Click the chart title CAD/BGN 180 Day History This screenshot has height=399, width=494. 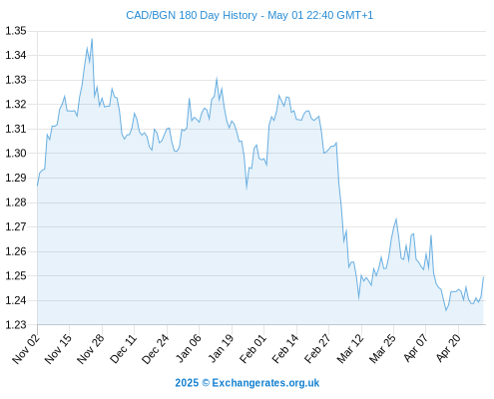pyautogui.click(x=192, y=15)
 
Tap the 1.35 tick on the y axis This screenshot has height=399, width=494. pyautogui.click(x=16, y=31)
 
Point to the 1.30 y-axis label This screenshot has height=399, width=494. pyautogui.click(x=16, y=154)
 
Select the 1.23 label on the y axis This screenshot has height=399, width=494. pyautogui.click(x=16, y=325)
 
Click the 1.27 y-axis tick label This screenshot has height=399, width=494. pyautogui.click(x=16, y=226)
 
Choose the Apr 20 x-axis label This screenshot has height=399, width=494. pyautogui.click(x=448, y=348)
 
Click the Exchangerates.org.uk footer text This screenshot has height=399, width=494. pyautogui.click(x=265, y=383)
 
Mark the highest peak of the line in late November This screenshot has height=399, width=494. pyautogui.click(x=92, y=39)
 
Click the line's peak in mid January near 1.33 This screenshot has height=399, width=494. pyautogui.click(x=217, y=78)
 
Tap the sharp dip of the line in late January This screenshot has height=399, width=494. pyautogui.click(x=247, y=189)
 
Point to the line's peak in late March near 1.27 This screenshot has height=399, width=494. pyautogui.click(x=396, y=218)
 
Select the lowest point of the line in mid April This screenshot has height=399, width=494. pyautogui.click(x=446, y=310)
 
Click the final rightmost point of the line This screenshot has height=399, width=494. pyautogui.click(x=483, y=277)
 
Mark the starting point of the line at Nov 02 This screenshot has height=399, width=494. pyautogui.click(x=38, y=186)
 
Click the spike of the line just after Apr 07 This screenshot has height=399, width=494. pyautogui.click(x=431, y=235)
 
